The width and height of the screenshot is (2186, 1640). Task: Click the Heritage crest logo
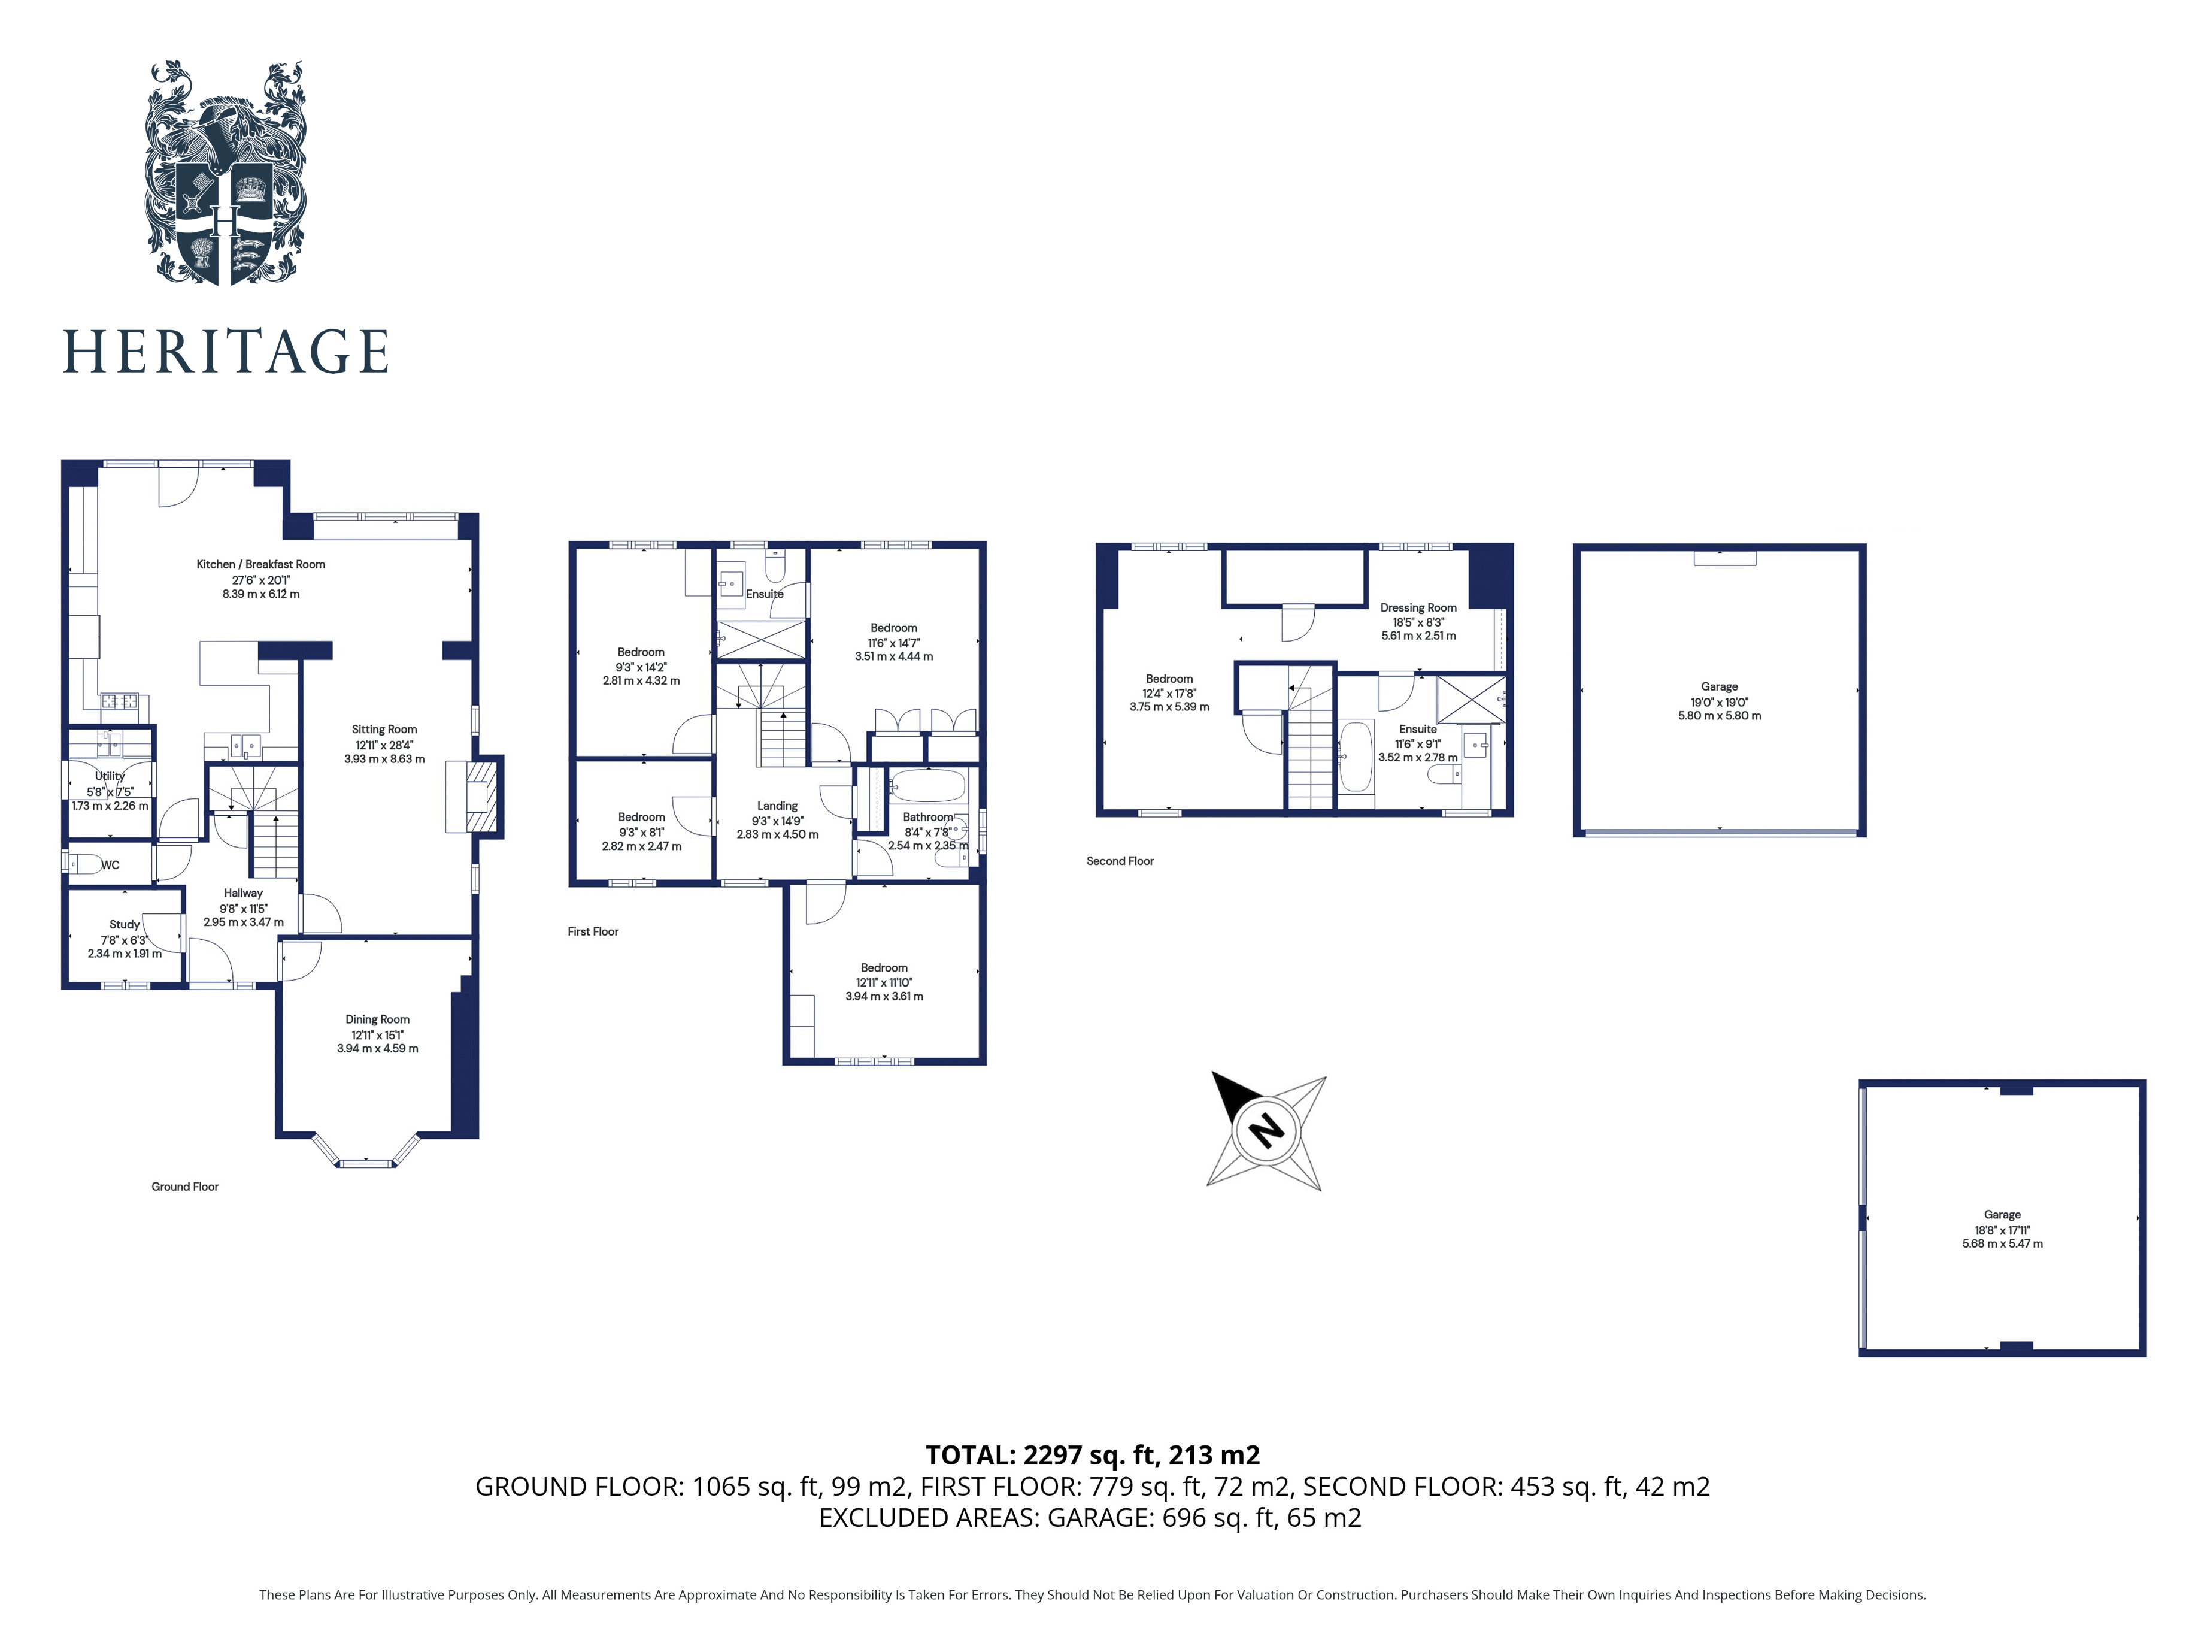coord(225,173)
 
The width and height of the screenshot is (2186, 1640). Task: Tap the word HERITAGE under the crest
coord(225,352)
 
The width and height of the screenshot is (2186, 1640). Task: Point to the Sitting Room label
coord(384,730)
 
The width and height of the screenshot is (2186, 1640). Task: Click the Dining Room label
coord(378,1019)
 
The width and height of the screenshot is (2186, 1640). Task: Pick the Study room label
coord(125,924)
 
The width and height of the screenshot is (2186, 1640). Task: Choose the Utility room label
coord(110,776)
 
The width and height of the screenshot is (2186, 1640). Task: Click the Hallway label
coord(243,892)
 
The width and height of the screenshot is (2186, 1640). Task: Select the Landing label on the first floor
coord(778,806)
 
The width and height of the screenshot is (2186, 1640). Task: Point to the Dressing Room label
coord(1418,608)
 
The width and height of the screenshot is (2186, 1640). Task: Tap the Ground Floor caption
coord(185,1186)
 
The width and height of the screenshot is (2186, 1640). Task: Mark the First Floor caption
coord(593,931)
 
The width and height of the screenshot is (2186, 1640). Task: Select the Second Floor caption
coord(1120,861)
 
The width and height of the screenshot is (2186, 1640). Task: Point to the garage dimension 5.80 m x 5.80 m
coord(1720,716)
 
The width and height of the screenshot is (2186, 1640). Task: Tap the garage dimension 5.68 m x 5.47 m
coord(2002,1243)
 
